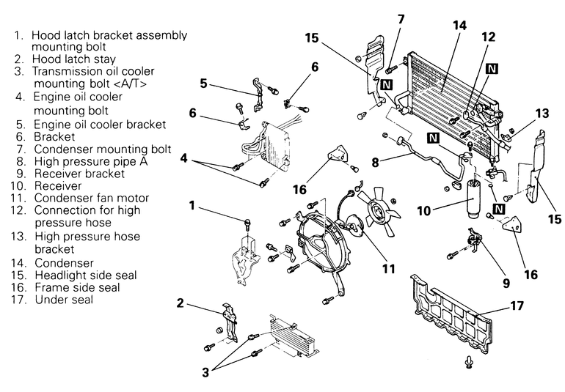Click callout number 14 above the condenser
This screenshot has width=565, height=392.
point(459,25)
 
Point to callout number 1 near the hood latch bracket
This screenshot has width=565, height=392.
point(192,206)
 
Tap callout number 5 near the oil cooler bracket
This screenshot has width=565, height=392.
point(203,83)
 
